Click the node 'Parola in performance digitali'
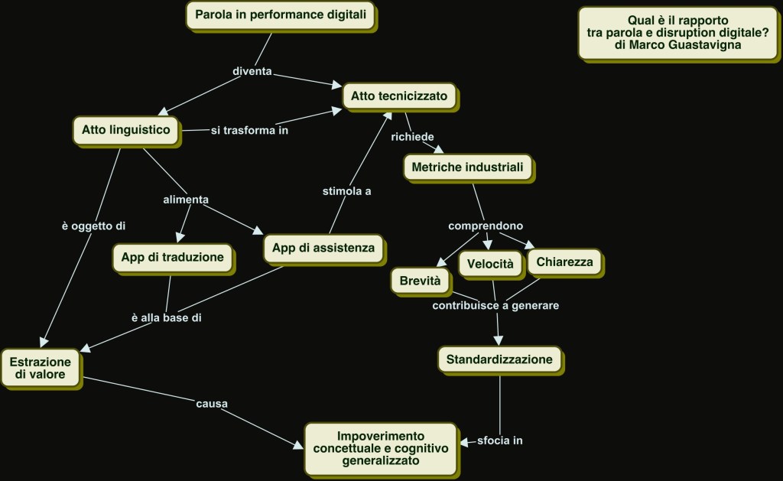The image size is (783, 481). point(281,15)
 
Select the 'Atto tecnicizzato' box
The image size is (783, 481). point(400,96)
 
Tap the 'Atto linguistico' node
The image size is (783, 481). point(126,130)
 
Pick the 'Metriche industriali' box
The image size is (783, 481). point(467,167)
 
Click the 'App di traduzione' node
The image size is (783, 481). point(172,257)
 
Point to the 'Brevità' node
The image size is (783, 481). point(421,281)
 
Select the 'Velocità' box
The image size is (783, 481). point(491,263)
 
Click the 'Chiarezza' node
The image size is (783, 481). point(564,262)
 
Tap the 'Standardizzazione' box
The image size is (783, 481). point(500,359)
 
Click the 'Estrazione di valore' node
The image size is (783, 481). point(41,368)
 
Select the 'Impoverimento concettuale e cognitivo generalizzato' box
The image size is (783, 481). point(381,446)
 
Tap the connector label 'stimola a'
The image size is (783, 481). point(346,191)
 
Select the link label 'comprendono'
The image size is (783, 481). point(486,226)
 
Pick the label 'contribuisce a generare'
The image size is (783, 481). point(495,306)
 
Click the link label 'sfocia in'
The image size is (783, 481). point(499,440)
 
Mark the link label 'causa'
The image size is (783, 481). point(213,403)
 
